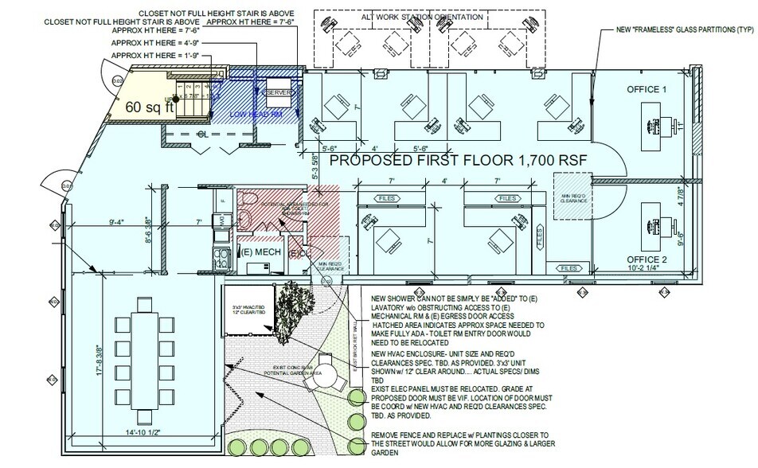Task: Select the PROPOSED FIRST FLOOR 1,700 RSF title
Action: point(459,161)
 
